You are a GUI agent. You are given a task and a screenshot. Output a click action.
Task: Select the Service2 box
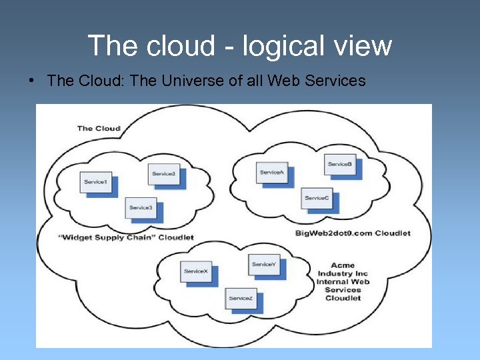[163, 174]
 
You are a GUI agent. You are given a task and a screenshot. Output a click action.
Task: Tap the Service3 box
[141, 208]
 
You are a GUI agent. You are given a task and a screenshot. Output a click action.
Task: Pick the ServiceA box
[272, 173]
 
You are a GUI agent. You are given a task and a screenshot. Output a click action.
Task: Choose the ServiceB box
[340, 165]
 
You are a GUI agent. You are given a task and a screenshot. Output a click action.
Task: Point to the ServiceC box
[317, 198]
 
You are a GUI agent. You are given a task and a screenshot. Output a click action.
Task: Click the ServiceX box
[197, 271]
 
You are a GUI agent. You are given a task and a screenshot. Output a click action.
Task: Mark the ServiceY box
[263, 265]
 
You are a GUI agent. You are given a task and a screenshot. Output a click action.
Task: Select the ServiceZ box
[241, 299]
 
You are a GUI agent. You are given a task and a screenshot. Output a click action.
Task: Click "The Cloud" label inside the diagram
[99, 128]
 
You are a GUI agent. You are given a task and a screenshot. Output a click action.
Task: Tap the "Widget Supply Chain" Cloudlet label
[125, 237]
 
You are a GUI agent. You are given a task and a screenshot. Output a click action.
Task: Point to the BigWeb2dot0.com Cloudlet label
[353, 233]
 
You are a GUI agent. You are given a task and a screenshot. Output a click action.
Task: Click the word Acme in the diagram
[343, 265]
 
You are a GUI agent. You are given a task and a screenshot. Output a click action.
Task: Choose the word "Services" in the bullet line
[334, 81]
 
